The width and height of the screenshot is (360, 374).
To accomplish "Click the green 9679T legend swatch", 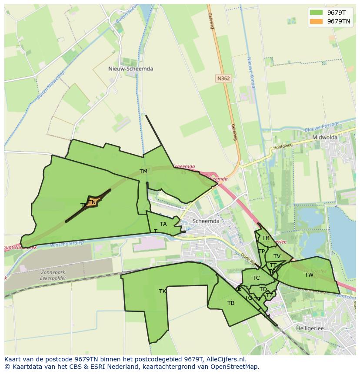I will (316, 13).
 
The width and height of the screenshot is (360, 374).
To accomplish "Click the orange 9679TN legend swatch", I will (316, 21).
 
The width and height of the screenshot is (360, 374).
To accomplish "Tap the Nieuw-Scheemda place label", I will (130, 69).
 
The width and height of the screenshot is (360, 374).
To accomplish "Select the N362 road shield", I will (223, 78).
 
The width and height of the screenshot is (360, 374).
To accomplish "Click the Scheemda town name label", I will (206, 221).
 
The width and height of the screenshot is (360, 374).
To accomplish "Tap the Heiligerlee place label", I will (310, 328).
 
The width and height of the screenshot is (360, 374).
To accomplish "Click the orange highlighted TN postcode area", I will (93, 202).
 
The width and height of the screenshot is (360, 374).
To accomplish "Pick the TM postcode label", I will (143, 172).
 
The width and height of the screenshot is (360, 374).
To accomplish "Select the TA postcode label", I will (163, 224).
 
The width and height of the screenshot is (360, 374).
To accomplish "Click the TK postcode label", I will (163, 291).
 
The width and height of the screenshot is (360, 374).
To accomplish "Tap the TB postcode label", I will (231, 303).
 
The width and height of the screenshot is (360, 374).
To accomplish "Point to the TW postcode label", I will (309, 275).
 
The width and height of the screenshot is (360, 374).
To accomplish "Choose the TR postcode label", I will (265, 238).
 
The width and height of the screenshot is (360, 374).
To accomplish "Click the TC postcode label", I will (256, 278).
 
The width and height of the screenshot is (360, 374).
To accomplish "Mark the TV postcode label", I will (277, 256).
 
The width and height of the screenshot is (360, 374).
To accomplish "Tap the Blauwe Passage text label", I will (322, 127).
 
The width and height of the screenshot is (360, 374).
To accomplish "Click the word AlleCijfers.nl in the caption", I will (227, 359).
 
